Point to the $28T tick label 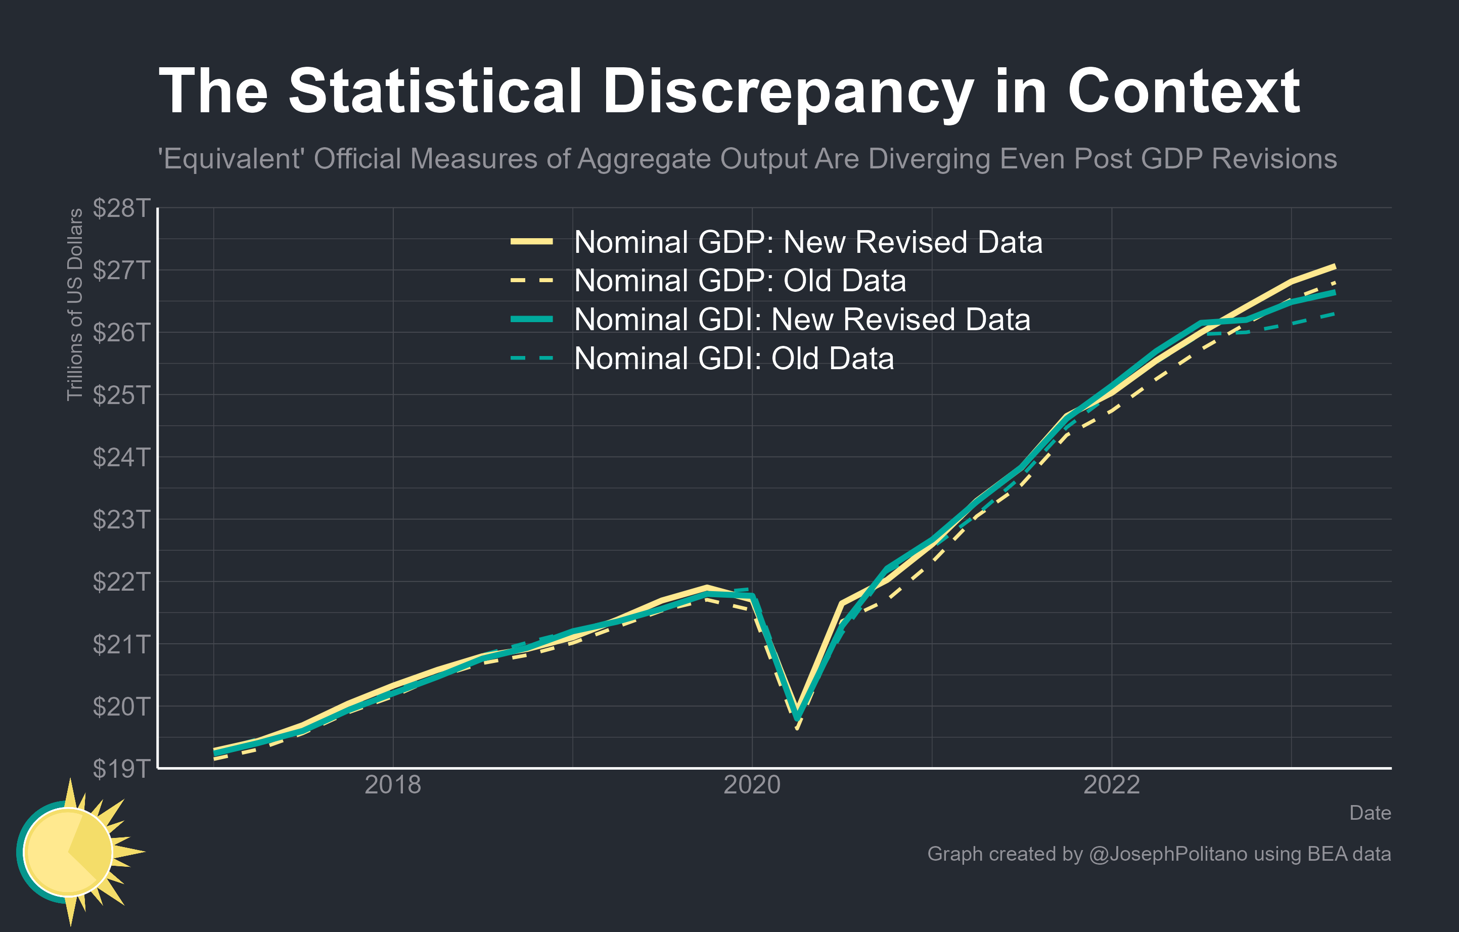(121, 208)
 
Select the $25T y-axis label (121, 395)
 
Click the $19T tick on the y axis (121, 768)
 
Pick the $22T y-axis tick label (121, 582)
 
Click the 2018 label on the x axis (393, 785)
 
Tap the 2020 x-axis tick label (752, 785)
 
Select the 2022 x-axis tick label (1111, 785)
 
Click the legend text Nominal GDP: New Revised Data (808, 242)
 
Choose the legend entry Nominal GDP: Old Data (739, 281)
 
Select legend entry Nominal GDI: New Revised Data (802, 320)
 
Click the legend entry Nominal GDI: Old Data (733, 358)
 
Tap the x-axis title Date (1370, 813)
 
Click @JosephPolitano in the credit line (1168, 854)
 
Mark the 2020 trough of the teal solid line (797, 718)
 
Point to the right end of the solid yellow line (1335, 266)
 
